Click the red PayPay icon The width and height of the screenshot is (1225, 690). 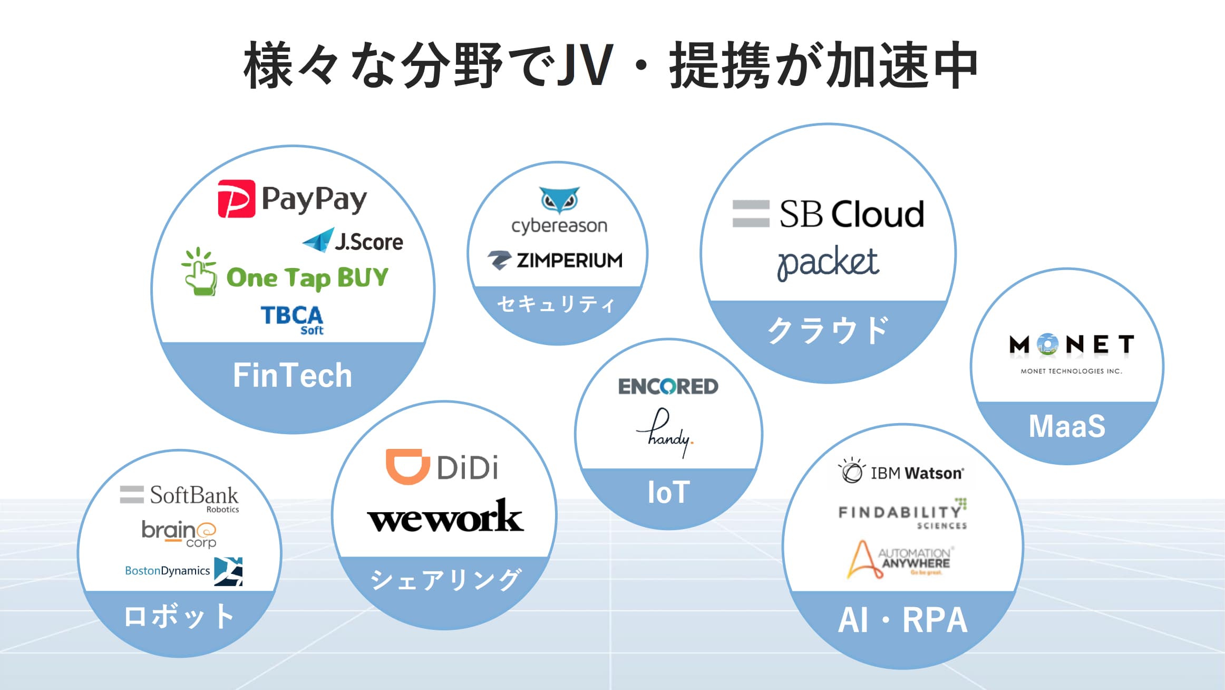point(236,199)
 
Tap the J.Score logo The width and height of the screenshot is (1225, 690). point(353,241)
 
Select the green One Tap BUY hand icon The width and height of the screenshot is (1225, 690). point(199,271)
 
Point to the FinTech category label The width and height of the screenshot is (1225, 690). point(293,375)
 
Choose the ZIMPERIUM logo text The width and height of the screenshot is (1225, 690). point(569,261)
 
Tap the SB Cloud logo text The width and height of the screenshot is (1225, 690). point(851,214)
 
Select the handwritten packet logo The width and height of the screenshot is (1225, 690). point(828,262)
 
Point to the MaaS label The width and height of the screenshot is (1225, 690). point(1067,426)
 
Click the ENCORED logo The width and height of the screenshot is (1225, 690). point(668,387)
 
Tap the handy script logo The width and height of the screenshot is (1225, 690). point(665,433)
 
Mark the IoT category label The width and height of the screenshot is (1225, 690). point(668,492)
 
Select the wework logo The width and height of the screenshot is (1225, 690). point(445,516)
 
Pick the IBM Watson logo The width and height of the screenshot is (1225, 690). point(901,472)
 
